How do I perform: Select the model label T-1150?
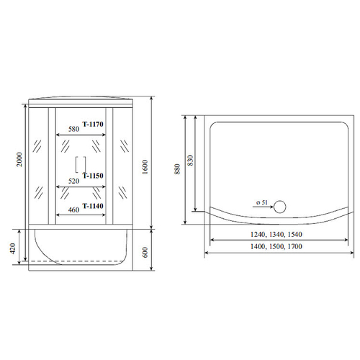pyautogui.click(x=94, y=175)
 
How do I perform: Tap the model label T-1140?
pyautogui.click(x=94, y=207)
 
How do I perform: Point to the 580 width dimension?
pyautogui.click(x=73, y=130)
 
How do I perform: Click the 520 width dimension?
pyautogui.click(x=73, y=181)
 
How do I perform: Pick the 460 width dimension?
pyautogui.click(x=73, y=210)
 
